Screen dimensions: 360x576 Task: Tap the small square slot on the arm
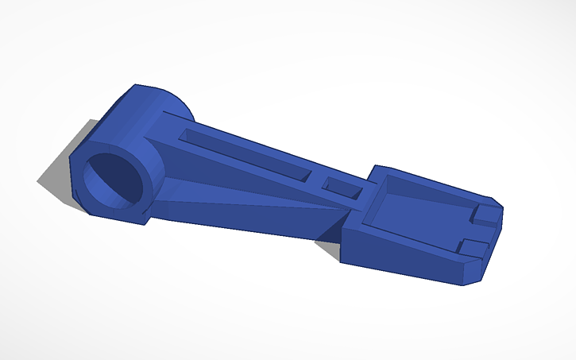click(344, 188)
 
